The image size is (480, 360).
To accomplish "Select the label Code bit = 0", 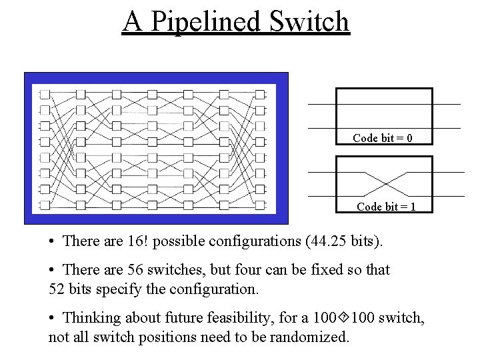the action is pyautogui.click(x=383, y=138).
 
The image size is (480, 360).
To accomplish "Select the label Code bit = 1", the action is pyautogui.click(x=387, y=206).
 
